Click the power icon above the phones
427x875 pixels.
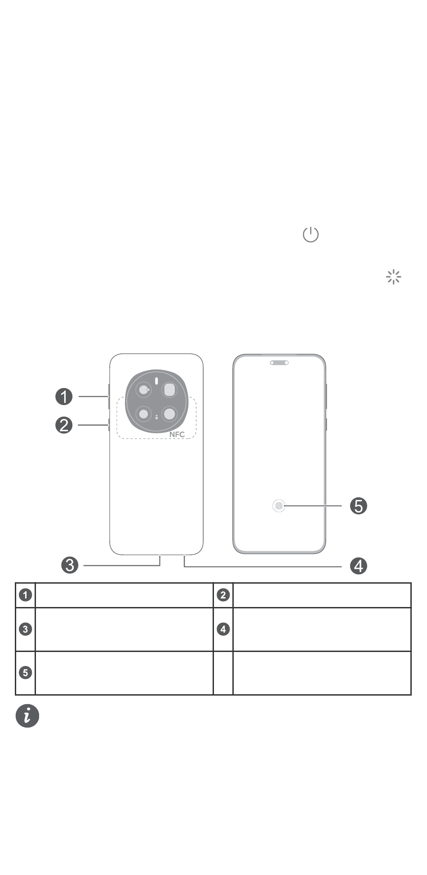tap(311, 235)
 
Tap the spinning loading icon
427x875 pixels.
tap(393, 277)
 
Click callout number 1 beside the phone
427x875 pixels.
tap(64, 397)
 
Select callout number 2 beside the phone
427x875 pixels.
tap(64, 425)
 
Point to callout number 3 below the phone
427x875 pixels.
tap(70, 565)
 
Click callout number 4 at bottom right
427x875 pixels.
tap(358, 566)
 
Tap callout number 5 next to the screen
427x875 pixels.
tap(358, 506)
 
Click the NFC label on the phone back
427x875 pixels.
tap(177, 434)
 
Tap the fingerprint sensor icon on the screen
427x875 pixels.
tap(279, 506)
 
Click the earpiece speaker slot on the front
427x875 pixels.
tap(279, 362)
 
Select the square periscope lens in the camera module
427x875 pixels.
tap(169, 390)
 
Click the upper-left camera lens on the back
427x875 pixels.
tap(143, 390)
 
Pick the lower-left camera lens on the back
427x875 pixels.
tap(143, 414)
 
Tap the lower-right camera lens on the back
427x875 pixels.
tap(169, 414)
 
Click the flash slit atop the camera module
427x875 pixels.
tap(156, 380)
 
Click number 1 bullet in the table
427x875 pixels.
tap(26, 595)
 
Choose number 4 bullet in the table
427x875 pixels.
tap(223, 629)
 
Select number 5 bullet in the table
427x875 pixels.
tap(26, 673)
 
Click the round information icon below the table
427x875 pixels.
tap(27, 716)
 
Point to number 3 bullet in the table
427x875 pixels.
tap(26, 629)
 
